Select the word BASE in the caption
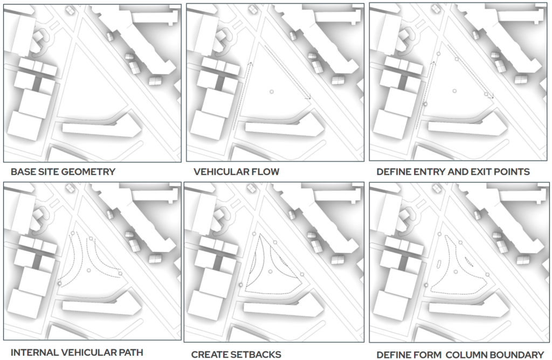click(23, 172)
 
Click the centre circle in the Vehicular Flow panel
click(272, 92)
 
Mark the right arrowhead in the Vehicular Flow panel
click(309, 98)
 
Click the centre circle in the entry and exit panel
click(454, 91)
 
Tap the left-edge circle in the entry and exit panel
click(425, 103)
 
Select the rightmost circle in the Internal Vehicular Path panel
click(120, 274)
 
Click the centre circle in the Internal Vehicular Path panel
click(89, 270)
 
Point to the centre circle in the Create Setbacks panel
click(272, 270)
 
